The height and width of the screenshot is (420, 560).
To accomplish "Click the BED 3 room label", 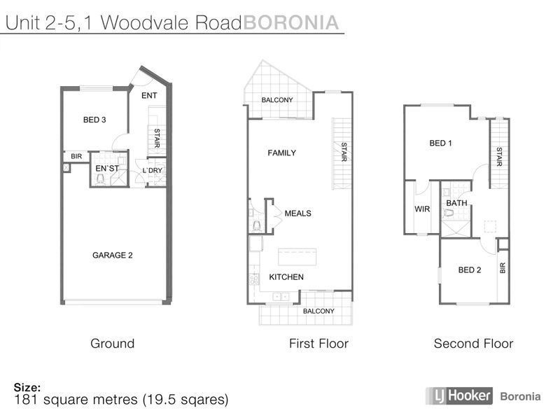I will pyautogui.click(x=94, y=120).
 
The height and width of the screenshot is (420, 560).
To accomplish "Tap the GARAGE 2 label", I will pyautogui.click(x=113, y=255).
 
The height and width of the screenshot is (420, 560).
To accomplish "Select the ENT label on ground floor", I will pyautogui.click(x=149, y=96).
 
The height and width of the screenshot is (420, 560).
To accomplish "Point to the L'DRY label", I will pyautogui.click(x=152, y=170).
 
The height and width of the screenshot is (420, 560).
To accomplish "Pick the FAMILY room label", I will pyautogui.click(x=282, y=153).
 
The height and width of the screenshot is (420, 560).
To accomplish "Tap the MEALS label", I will pyautogui.click(x=297, y=213).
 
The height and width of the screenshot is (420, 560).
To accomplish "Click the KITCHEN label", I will pyautogui.click(x=286, y=277).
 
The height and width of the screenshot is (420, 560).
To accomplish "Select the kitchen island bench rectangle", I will pyautogui.click(x=300, y=255).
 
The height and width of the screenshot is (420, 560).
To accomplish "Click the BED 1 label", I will pyautogui.click(x=440, y=143).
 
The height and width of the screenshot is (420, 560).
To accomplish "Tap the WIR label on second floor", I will pyautogui.click(x=422, y=209).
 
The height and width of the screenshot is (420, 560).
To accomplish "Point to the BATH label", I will pyautogui.click(x=456, y=204).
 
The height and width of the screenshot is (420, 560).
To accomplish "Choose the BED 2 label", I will pyautogui.click(x=469, y=270).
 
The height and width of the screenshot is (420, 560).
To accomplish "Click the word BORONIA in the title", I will pyautogui.click(x=290, y=23).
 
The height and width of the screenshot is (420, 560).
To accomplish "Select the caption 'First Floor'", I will pyautogui.click(x=318, y=344).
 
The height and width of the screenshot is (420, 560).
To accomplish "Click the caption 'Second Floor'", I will pyautogui.click(x=473, y=344).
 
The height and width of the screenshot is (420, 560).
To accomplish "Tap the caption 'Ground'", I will pyautogui.click(x=112, y=344).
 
